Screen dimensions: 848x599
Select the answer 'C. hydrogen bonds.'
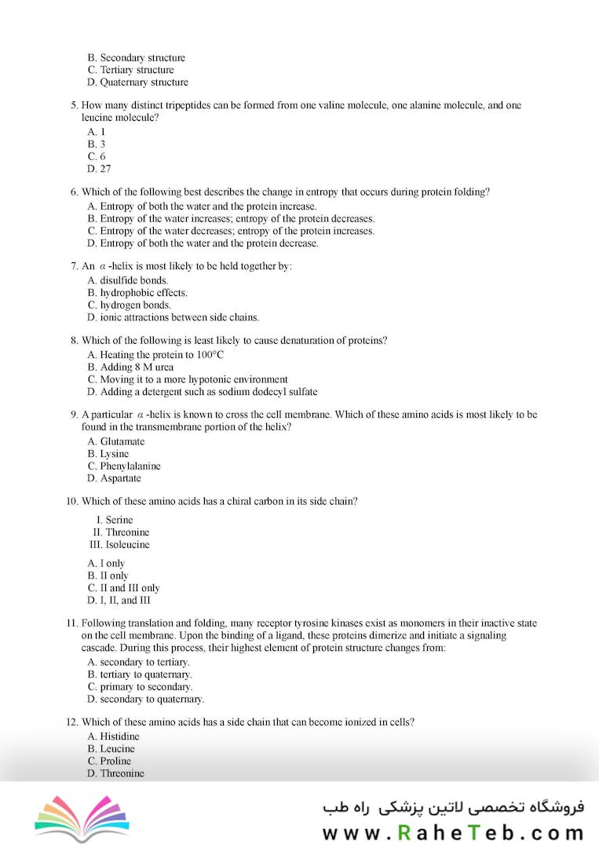click(129, 305)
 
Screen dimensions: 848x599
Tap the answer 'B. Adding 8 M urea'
click(130, 367)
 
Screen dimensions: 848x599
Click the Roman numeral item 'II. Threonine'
click(121, 532)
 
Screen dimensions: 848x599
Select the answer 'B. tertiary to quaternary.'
click(140, 674)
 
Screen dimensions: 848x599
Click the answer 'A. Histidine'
click(113, 736)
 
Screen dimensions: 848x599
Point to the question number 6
click(74, 192)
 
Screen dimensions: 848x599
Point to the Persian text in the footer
click(453, 807)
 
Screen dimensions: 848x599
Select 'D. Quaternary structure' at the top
click(137, 82)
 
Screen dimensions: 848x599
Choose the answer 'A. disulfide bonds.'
click(127, 280)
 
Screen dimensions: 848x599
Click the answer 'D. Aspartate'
click(114, 477)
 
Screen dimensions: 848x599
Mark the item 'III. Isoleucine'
click(119, 544)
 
